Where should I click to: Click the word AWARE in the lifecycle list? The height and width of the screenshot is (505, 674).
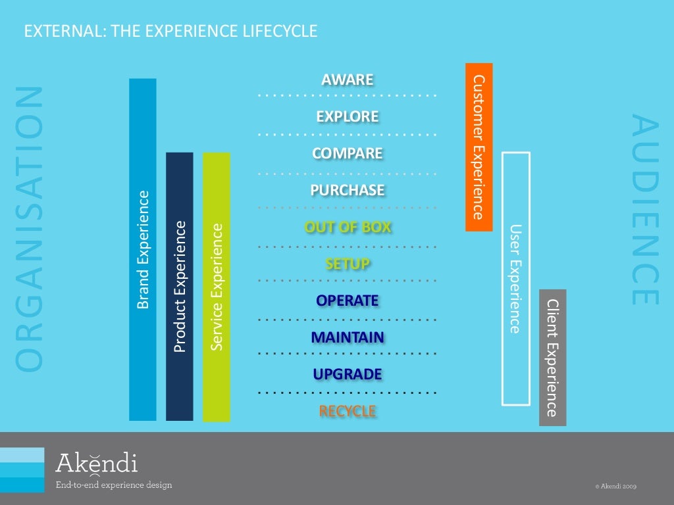pos(347,80)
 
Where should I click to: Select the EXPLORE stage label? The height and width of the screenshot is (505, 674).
pos(347,117)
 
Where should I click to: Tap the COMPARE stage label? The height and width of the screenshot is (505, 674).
pos(347,154)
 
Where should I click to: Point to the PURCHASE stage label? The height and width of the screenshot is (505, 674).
pos(347,191)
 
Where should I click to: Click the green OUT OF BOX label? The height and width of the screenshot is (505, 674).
pos(347,228)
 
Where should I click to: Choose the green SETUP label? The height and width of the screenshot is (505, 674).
pos(347,264)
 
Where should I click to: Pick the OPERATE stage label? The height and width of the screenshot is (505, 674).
pos(347,301)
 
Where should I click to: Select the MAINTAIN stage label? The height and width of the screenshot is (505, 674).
pos(347,338)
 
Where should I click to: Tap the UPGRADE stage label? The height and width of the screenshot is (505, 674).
pos(347,375)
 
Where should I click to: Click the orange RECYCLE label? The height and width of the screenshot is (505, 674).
pos(347,412)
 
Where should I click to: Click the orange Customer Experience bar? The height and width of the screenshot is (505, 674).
pos(479,147)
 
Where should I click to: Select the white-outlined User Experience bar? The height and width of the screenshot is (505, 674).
pos(515,278)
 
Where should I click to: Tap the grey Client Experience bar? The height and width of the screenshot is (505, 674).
pos(552,357)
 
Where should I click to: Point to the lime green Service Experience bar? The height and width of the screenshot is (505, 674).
pos(217,287)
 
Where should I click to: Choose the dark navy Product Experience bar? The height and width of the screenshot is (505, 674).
pos(180,287)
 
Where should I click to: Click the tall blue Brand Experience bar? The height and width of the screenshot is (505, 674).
pos(143,250)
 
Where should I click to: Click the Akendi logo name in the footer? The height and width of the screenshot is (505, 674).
pos(97,463)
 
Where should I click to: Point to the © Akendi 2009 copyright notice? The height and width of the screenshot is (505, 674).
pos(615,487)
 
